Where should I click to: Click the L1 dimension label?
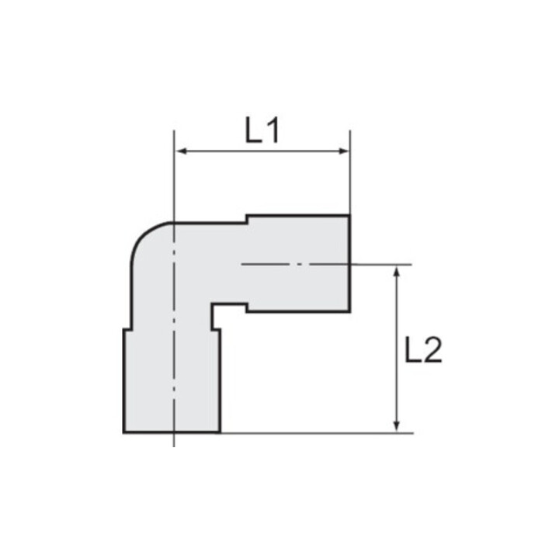tap(262, 130)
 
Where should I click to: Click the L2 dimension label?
tap(424, 350)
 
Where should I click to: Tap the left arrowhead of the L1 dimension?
tap(182, 151)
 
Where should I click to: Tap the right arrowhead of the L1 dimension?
tap(343, 151)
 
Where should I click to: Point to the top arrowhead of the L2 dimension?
tap(397, 272)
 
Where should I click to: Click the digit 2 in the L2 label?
tap(433, 350)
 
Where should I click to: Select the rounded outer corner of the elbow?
tap(143, 235)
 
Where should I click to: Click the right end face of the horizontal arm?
tap(349, 264)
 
